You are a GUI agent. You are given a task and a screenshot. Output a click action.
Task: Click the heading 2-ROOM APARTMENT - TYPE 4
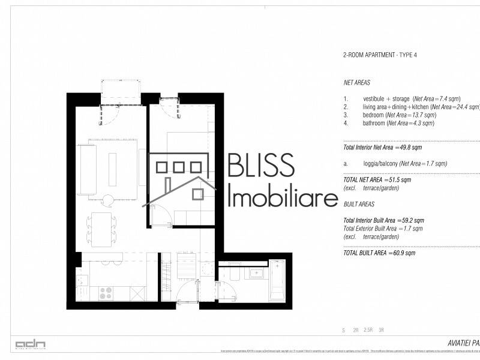tap(380, 55)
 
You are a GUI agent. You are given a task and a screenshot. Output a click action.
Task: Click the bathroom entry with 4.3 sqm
tap(398, 123)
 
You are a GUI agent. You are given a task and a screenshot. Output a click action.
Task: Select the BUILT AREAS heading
tap(359, 205)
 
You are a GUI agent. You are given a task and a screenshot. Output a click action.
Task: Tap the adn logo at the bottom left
tap(30, 344)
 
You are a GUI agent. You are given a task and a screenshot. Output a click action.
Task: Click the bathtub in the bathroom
tap(277, 280)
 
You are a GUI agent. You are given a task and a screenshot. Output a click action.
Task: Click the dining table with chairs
tap(101, 229)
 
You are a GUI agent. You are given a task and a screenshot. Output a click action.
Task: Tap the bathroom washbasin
tap(259, 274)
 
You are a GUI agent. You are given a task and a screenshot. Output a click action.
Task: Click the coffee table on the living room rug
tap(112, 169)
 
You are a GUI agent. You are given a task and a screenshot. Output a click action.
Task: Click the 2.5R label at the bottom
tap(367, 330)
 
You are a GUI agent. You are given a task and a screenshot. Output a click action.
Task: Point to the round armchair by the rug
tap(108, 200)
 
